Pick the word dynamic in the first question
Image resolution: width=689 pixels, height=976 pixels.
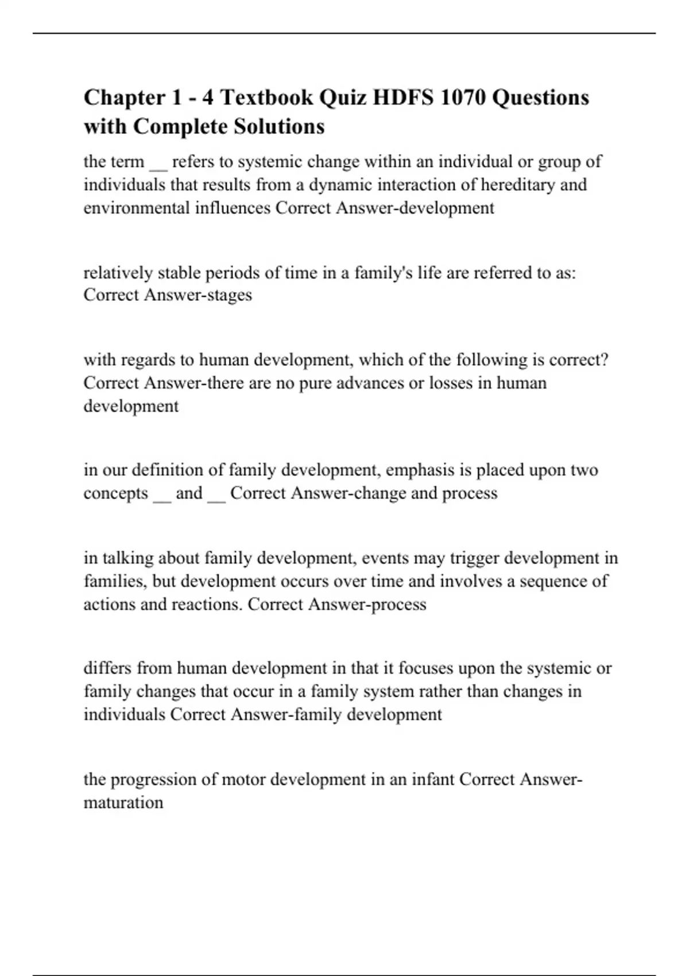(341, 185)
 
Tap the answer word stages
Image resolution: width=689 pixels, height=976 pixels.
(229, 295)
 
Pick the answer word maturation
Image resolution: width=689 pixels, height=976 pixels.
(123, 803)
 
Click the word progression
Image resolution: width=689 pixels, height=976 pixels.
(152, 780)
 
